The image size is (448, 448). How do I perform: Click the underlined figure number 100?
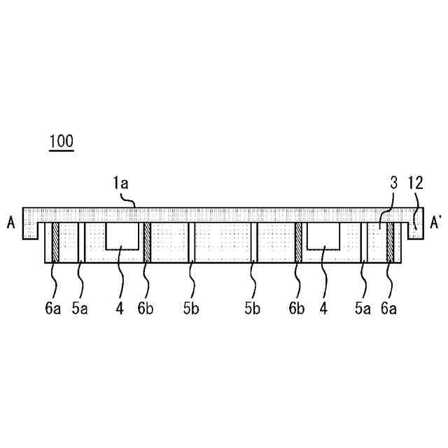(61, 141)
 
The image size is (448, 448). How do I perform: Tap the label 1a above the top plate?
(120, 185)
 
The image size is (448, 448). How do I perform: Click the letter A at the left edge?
(10, 223)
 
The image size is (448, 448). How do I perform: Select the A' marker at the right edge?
(436, 223)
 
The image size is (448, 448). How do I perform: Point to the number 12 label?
(415, 185)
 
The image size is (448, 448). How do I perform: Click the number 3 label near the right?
(394, 185)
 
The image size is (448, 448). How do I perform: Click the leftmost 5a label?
(79, 307)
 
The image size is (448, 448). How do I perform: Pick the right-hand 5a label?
(362, 307)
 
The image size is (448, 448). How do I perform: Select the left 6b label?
(146, 307)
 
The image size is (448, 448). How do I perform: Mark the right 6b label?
(297, 307)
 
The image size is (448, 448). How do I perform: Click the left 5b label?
(190, 307)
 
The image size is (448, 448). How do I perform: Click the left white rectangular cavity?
(120, 236)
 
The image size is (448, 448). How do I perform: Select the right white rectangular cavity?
(323, 236)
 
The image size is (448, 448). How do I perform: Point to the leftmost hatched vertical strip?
(55, 242)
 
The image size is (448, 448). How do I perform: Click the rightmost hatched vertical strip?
(391, 242)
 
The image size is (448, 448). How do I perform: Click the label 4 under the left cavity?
(120, 307)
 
